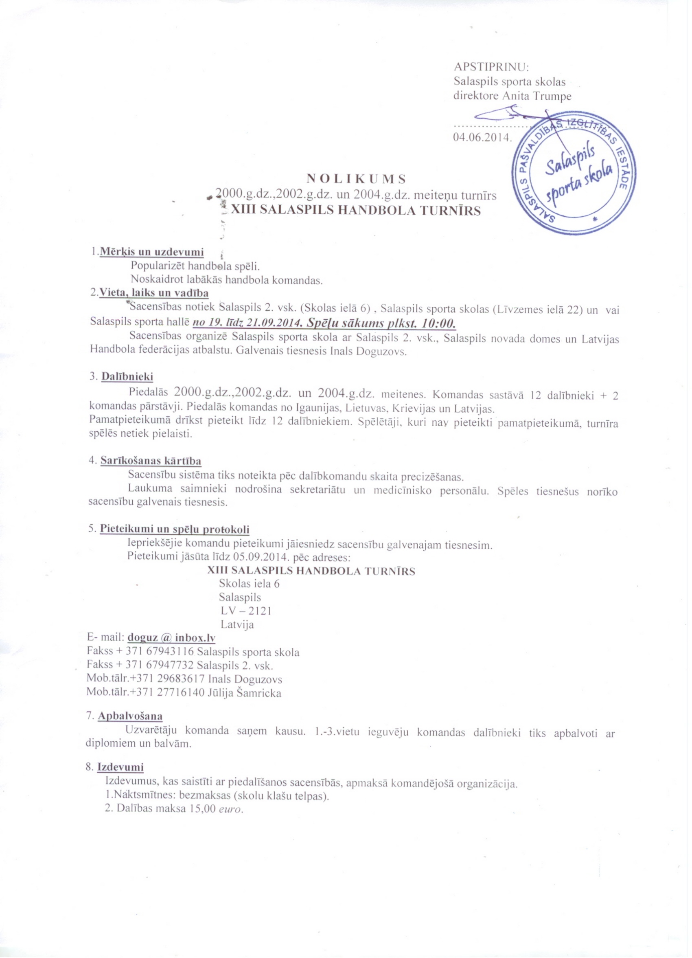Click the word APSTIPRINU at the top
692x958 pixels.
pyautogui.click(x=491, y=67)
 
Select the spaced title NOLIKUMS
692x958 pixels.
pyautogui.click(x=355, y=179)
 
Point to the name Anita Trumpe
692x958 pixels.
pyautogui.click(x=536, y=96)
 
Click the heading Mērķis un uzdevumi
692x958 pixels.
pyautogui.click(x=151, y=252)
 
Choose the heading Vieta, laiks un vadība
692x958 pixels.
pyautogui.click(x=154, y=293)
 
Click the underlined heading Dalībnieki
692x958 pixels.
pyautogui.click(x=127, y=376)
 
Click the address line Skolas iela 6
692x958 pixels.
pyautogui.click(x=249, y=584)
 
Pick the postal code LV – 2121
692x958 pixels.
pyautogui.click(x=246, y=611)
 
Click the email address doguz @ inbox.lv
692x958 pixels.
pyautogui.click(x=171, y=638)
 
